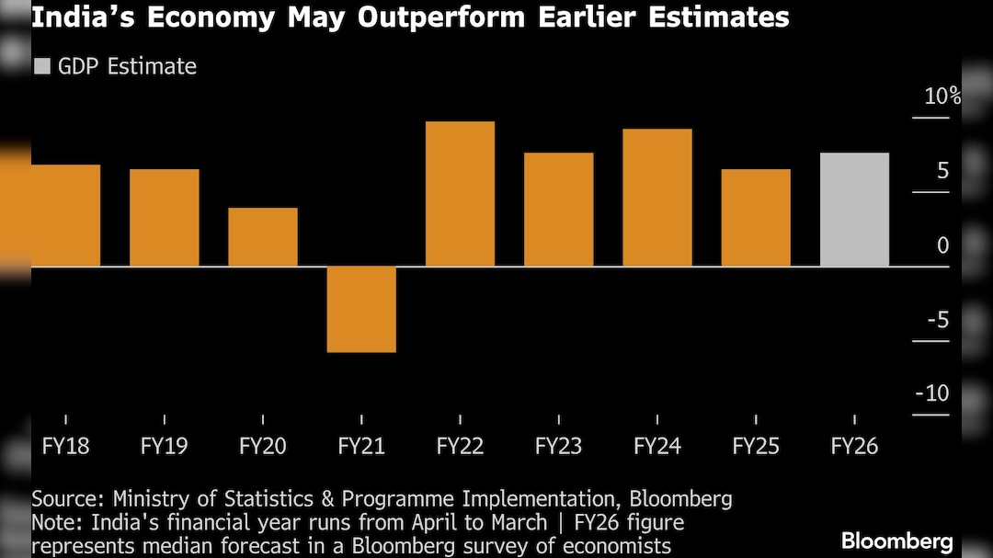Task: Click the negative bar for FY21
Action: (361, 309)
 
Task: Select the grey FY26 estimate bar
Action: (854, 210)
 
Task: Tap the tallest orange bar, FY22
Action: (460, 194)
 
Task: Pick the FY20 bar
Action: (263, 237)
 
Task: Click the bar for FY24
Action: (657, 198)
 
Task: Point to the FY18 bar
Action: (65, 216)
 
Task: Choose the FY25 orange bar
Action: (756, 218)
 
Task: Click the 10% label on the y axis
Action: (942, 96)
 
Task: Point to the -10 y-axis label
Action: (931, 393)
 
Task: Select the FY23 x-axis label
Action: (558, 447)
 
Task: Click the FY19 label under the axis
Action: (164, 447)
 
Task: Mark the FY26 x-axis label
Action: (854, 447)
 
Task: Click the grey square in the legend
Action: (41, 66)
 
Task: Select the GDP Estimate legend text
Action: (127, 66)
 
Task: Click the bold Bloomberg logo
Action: (896, 541)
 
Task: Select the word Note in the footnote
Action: (53, 522)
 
